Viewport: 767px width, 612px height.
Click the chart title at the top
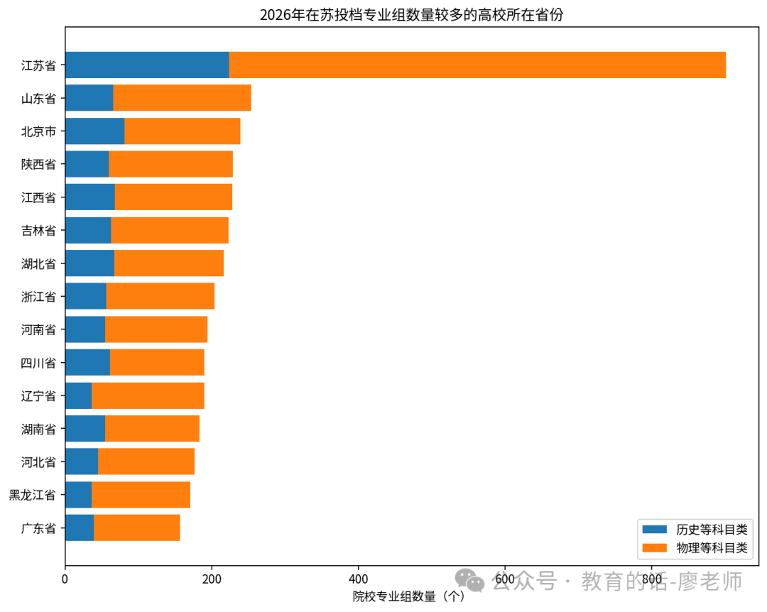pyautogui.click(x=411, y=15)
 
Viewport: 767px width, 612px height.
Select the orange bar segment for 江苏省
pyautogui.click(x=477, y=65)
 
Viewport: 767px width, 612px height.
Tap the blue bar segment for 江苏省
pyautogui.click(x=147, y=65)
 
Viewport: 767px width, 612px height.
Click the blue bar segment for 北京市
pyautogui.click(x=95, y=131)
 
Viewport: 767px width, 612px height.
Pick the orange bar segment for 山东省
pyautogui.click(x=182, y=98)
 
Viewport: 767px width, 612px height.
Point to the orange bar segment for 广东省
pyautogui.click(x=137, y=528)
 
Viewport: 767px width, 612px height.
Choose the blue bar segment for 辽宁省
pyautogui.click(x=78, y=395)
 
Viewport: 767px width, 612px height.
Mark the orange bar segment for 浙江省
pyautogui.click(x=161, y=296)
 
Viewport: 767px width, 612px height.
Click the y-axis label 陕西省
pyautogui.click(x=38, y=165)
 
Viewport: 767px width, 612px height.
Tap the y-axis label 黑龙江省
pyautogui.click(x=33, y=495)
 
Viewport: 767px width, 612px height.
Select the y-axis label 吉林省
pyautogui.click(x=38, y=231)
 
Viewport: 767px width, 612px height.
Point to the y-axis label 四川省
pyautogui.click(x=38, y=363)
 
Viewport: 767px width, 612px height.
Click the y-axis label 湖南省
pyautogui.click(x=38, y=429)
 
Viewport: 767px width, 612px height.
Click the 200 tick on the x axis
pyautogui.click(x=212, y=579)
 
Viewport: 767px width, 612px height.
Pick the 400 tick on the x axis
pyautogui.click(x=358, y=579)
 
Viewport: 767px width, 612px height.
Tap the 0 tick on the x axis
pyautogui.click(x=65, y=579)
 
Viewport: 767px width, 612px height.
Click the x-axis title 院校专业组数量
pyautogui.click(x=394, y=596)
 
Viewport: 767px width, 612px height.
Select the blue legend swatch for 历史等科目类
pyautogui.click(x=655, y=530)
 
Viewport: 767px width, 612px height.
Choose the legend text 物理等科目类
pyautogui.click(x=712, y=548)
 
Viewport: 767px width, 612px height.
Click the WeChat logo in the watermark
pyautogui.click(x=469, y=581)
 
